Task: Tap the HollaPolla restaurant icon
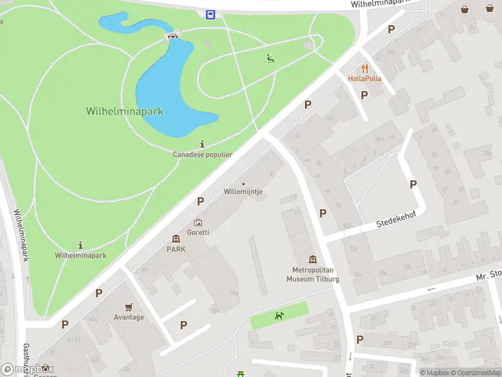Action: click(x=364, y=68)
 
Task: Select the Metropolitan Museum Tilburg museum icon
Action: click(x=312, y=260)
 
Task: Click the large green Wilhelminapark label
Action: click(x=124, y=111)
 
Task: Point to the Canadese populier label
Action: click(x=203, y=154)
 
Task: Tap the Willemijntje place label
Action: click(x=243, y=192)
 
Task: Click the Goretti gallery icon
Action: click(x=198, y=222)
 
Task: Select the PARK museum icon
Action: click(x=176, y=239)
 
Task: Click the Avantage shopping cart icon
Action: click(x=129, y=307)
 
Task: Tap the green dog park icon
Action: click(x=279, y=315)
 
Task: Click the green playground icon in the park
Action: click(x=270, y=59)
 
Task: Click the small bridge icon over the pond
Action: click(x=171, y=35)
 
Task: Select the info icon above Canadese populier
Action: click(x=202, y=144)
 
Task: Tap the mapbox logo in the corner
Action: click(x=28, y=369)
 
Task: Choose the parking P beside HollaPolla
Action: click(x=364, y=95)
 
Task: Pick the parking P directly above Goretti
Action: click(x=201, y=201)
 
